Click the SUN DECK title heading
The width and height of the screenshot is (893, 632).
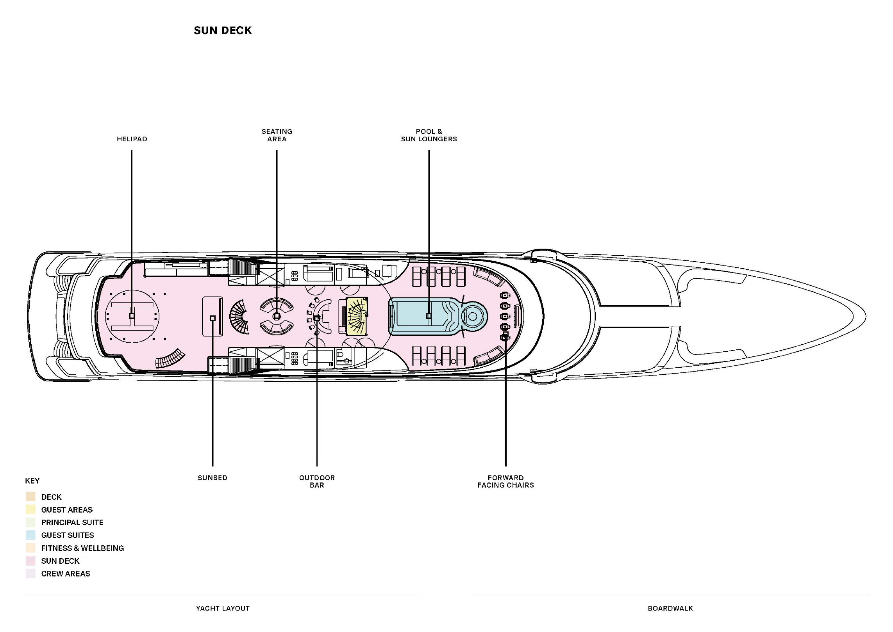[223, 30]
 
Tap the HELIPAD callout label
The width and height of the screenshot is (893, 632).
[132, 139]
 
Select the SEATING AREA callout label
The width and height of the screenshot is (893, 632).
[277, 135]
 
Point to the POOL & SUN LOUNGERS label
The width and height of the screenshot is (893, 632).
[429, 135]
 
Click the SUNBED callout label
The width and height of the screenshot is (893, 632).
[213, 478]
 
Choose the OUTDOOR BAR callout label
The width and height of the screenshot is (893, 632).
[317, 481]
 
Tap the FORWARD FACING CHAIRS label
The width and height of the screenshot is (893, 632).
[505, 481]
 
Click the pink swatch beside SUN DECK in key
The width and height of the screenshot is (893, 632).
[30, 561]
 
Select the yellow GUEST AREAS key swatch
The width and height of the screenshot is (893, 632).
[30, 510]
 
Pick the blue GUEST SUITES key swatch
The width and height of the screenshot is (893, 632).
[30, 535]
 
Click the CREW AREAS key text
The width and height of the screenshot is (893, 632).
[66, 574]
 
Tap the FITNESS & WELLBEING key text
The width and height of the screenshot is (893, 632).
[82, 548]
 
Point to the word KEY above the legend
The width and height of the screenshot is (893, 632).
[32, 481]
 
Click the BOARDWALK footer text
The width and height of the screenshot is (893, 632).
[670, 608]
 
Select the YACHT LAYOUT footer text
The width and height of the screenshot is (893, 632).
[223, 608]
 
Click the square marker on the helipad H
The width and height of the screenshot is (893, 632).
[132, 316]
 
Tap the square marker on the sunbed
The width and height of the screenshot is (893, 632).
[213, 319]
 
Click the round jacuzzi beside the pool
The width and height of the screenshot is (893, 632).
[472, 317]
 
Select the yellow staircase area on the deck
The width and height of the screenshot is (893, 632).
[357, 316]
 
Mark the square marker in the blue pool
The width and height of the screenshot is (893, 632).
[429, 316]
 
